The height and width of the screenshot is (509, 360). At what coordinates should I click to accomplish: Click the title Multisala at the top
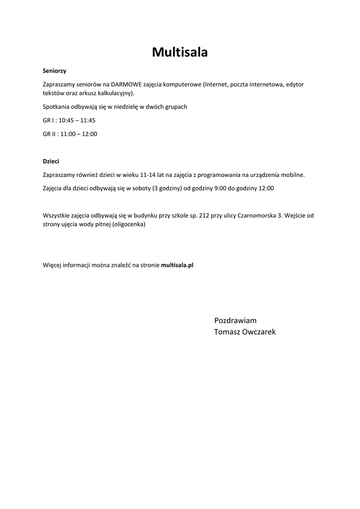click(180, 52)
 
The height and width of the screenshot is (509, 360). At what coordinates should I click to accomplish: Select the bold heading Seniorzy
click(54, 71)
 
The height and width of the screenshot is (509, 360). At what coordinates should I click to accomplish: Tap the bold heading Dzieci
click(51, 162)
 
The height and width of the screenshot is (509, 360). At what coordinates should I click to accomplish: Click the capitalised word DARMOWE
click(127, 85)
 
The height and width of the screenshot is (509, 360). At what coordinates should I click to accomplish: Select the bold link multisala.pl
click(177, 265)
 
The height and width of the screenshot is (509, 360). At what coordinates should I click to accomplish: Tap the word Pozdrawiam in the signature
click(235, 321)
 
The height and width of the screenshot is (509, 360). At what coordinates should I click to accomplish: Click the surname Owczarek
click(259, 332)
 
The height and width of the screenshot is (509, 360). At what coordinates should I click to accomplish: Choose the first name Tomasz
click(227, 332)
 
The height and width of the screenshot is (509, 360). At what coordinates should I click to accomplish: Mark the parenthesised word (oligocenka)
click(129, 224)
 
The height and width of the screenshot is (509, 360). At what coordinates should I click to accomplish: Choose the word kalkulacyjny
click(117, 93)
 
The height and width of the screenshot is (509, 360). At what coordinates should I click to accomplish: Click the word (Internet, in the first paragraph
click(216, 85)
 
